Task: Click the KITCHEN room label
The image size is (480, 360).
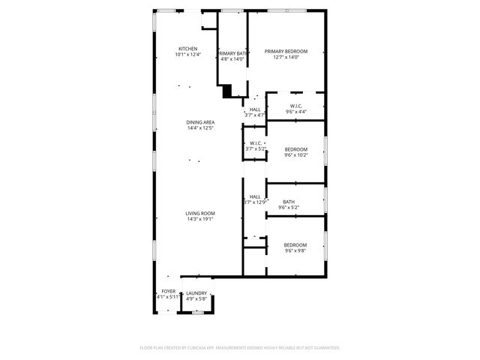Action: click(187, 49)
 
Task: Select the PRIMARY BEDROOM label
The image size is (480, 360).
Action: click(286, 51)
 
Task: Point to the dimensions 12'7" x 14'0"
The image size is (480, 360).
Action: click(286, 57)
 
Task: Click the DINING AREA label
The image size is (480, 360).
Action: click(201, 122)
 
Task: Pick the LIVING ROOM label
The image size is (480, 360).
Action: click(201, 213)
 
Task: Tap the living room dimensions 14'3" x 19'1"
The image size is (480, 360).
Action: click(201, 219)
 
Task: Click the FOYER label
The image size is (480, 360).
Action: click(168, 291)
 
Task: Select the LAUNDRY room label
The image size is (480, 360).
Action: click(196, 292)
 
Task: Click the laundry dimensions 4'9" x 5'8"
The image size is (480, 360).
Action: click(196, 298)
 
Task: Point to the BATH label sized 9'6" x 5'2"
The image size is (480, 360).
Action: click(289, 201)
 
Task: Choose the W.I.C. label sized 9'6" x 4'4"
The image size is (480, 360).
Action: click(294, 106)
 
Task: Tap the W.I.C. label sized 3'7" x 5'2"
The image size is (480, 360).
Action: click(256, 142)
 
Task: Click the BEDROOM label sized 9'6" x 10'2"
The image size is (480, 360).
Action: click(295, 149)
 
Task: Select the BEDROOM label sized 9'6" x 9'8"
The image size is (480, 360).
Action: click(295, 245)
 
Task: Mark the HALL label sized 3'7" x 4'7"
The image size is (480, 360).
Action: click(255, 109)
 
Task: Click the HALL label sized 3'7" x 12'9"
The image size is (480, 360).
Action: click(255, 196)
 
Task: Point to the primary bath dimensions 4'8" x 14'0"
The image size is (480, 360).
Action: click(232, 60)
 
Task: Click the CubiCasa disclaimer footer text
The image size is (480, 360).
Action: click(240, 348)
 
